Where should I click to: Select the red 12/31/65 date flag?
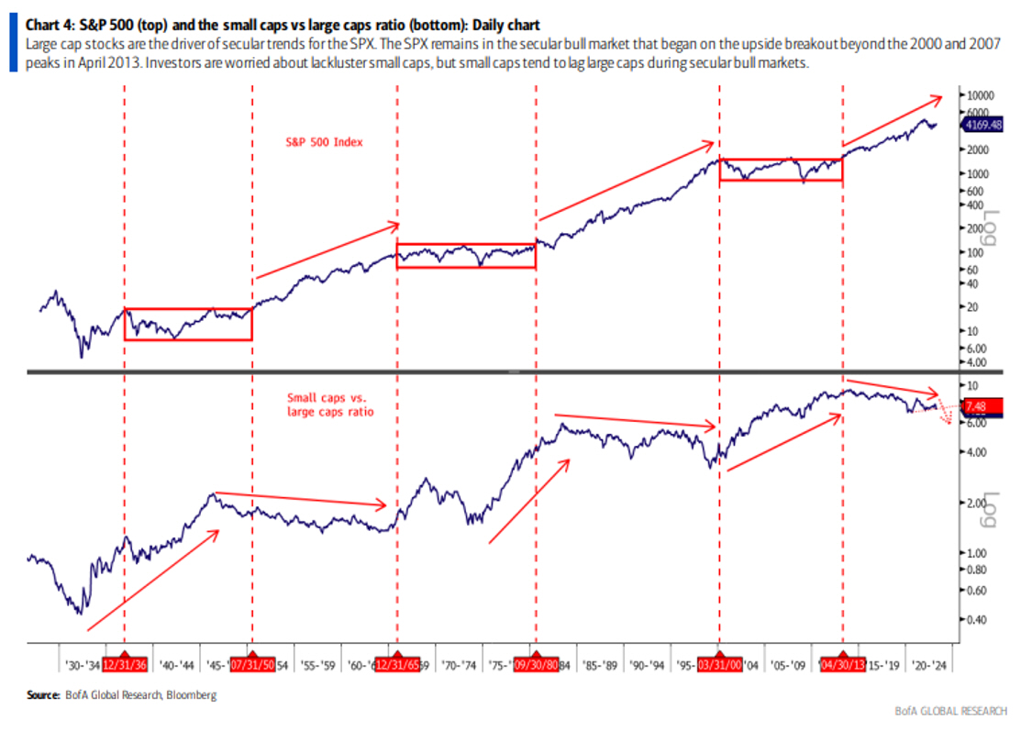[x=396, y=665]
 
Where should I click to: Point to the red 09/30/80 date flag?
[x=535, y=665]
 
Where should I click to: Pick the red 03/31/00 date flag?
[x=719, y=665]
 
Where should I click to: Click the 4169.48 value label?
[x=982, y=124]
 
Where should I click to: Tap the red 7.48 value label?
[x=980, y=405]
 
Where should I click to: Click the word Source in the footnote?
[x=43, y=695]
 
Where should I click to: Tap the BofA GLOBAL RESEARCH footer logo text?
[x=950, y=711]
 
